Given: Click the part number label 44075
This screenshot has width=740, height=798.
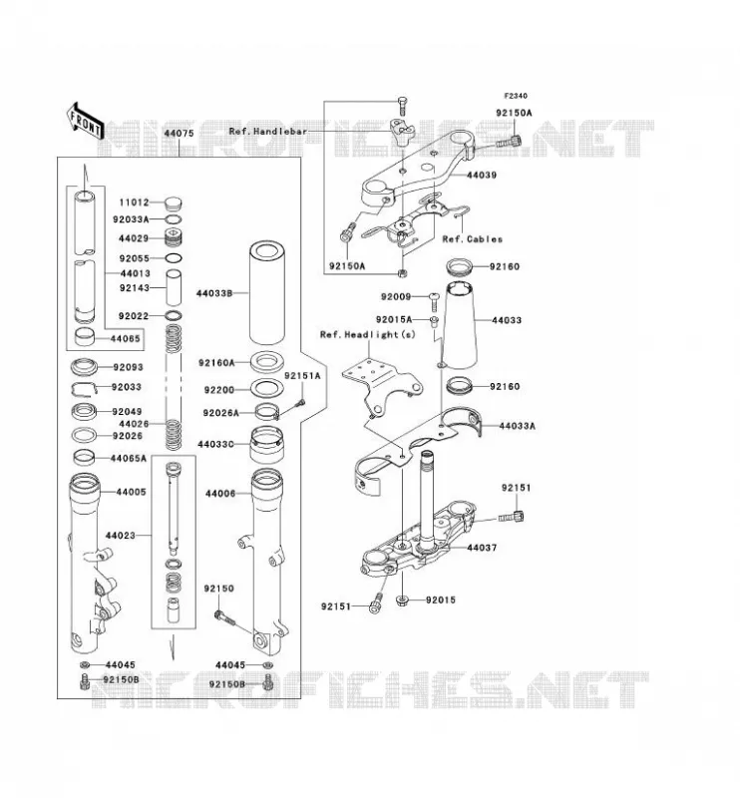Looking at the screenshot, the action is click(179, 134).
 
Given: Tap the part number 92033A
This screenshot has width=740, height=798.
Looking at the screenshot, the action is click(131, 219).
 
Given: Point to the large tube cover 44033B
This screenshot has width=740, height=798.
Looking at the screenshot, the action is click(266, 292).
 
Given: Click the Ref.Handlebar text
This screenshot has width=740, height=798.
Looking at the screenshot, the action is click(267, 132).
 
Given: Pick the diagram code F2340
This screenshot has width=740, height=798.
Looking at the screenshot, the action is click(516, 96).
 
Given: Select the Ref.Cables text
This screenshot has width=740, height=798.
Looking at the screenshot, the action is click(473, 238).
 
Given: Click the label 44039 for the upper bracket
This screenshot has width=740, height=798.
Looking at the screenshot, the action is click(482, 176).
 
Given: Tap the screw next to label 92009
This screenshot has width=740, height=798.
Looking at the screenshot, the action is click(434, 301).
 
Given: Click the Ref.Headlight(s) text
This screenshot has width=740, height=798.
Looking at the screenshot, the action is click(367, 334).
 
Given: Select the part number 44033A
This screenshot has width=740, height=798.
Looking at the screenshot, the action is click(517, 426).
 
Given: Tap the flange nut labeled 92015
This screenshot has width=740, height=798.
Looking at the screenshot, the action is click(403, 601).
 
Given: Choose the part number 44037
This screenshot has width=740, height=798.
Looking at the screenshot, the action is click(482, 548).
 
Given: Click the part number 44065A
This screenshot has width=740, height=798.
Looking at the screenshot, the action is click(129, 459).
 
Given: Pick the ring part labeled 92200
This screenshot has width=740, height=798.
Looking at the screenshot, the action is click(266, 389).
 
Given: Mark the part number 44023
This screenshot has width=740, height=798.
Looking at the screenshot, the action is click(121, 536).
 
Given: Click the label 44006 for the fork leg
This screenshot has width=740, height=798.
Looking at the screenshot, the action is click(220, 494).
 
